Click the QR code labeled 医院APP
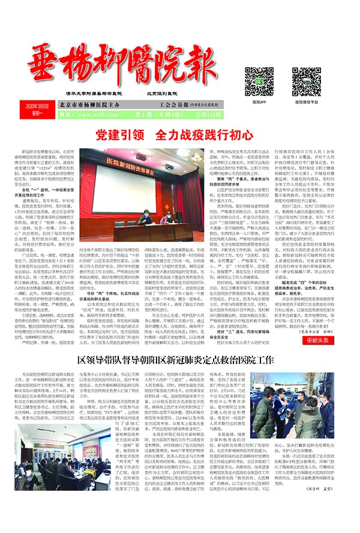pyautogui.click(x=259, y=79)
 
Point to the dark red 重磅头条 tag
pyautogui.click(x=319, y=339)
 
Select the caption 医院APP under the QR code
pyautogui.click(x=259, y=102)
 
